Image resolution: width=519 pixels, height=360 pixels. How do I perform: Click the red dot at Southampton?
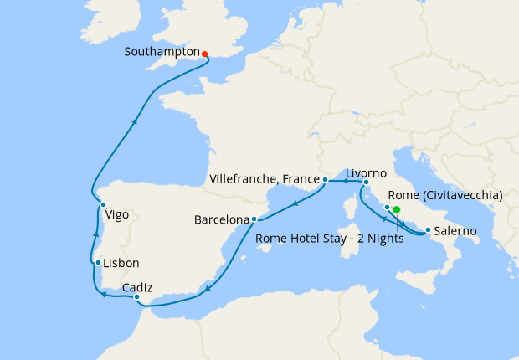click(205, 55)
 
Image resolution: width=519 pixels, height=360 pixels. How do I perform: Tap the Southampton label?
click(162, 52)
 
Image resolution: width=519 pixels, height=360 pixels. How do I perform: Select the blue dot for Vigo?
click(103, 204)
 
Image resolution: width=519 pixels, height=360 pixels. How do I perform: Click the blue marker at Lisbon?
click(99, 263)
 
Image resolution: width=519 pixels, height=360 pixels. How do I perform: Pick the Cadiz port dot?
click(136, 297)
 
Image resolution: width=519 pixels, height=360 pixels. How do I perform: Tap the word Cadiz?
click(137, 287)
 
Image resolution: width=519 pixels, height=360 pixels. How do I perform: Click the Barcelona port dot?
click(254, 219)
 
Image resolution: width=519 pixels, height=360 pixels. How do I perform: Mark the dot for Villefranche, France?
click(326, 179)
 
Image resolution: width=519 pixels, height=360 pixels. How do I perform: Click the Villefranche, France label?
click(265, 179)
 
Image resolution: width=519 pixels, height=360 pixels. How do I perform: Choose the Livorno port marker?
click(366, 183)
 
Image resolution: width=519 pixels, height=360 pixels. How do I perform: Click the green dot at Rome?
click(397, 210)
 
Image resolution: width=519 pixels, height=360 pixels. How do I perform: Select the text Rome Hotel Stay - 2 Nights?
click(330, 239)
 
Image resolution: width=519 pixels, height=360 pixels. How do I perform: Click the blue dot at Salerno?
click(428, 230)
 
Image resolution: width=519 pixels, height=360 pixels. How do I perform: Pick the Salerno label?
click(456, 230)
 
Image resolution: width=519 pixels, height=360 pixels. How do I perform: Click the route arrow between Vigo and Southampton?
click(134, 121)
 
